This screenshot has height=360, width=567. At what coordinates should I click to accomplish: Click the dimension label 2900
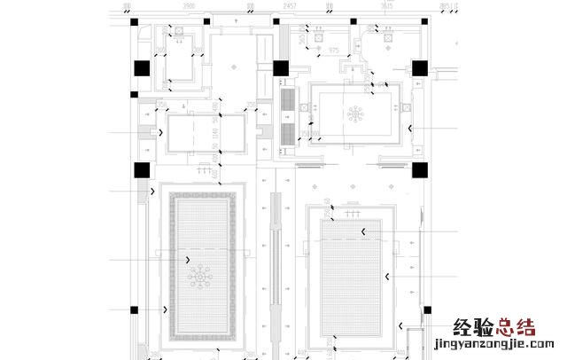coord(188,6)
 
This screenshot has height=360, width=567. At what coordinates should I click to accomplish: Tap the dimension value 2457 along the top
coord(290,6)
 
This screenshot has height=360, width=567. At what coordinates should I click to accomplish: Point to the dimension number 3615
coord(386,6)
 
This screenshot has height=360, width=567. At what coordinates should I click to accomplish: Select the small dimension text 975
coord(334,51)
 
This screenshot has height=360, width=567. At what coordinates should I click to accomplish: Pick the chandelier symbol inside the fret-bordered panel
coord(199,278)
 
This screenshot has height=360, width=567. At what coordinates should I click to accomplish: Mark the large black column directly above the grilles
coord(282,68)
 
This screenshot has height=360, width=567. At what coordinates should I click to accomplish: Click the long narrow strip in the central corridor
coord(274,266)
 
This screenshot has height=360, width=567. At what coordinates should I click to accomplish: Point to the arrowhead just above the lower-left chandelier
coord(188,259)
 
